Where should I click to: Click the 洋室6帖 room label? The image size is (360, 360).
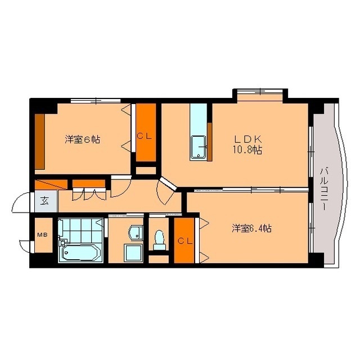(x=82, y=139)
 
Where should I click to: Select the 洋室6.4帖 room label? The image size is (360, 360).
(x=251, y=228)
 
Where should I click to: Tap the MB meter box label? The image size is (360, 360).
(x=41, y=235)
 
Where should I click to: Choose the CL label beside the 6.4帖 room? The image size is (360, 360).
(x=184, y=241)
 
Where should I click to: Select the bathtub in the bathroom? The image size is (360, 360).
(x=79, y=253)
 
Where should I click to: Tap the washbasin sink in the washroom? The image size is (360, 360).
(x=135, y=232)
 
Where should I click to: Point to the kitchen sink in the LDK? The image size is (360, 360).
(x=199, y=148)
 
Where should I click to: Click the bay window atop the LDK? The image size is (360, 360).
(x=260, y=94)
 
